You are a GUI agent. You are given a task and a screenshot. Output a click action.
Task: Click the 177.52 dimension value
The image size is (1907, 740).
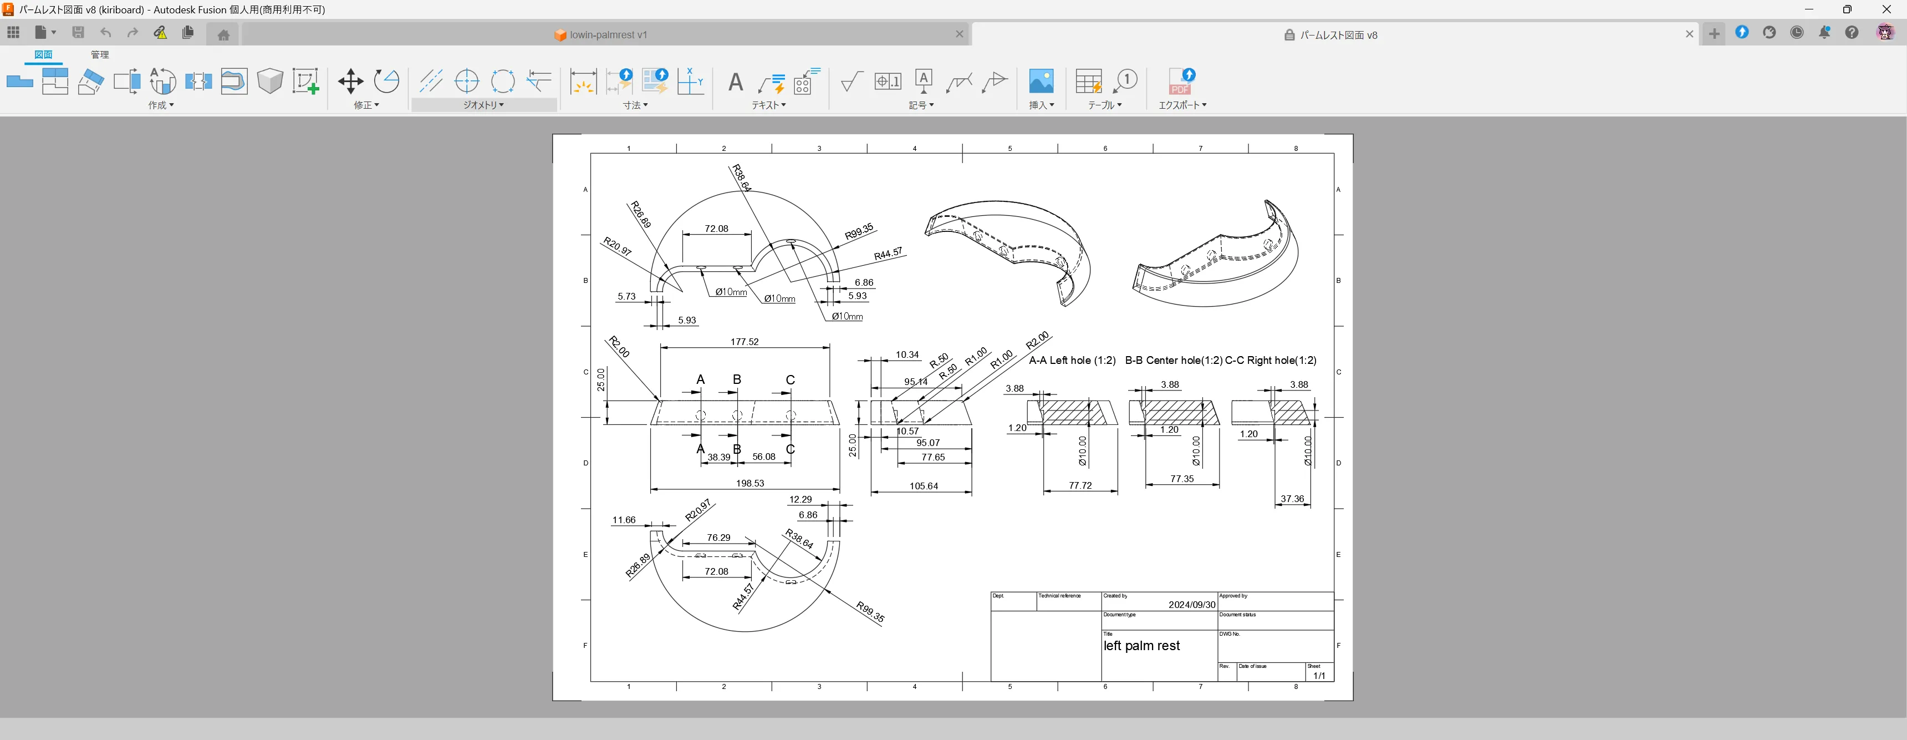744,342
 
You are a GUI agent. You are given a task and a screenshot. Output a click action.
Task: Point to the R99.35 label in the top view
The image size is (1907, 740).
859,232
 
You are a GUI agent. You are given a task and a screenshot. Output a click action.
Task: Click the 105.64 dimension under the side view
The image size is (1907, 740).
923,486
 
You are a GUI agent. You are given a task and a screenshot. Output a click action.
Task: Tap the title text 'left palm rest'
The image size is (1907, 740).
1141,646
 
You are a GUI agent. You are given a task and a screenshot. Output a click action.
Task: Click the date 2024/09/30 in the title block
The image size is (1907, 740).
1191,605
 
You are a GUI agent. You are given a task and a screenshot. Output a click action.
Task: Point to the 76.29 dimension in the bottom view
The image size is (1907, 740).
718,538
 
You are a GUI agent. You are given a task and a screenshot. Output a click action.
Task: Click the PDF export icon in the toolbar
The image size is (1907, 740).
1181,81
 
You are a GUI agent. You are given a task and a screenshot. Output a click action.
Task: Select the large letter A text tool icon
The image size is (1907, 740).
735,82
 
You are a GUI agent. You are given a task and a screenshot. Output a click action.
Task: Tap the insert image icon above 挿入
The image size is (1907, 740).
1041,81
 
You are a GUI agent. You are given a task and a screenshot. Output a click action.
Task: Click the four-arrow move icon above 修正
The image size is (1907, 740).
350,81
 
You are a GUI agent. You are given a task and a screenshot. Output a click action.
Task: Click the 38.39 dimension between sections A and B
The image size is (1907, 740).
718,457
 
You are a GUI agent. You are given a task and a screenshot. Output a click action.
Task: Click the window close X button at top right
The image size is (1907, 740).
1886,9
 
